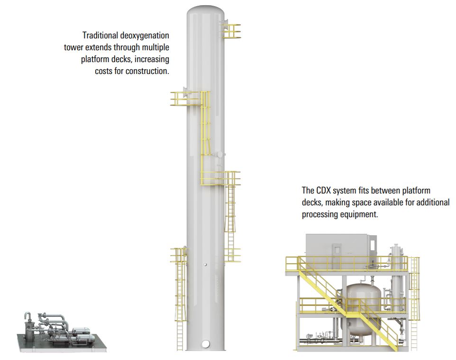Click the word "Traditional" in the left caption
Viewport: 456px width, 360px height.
(x=100, y=36)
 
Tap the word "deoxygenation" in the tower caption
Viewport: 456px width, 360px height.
(x=145, y=36)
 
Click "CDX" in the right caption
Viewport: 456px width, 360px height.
(x=323, y=191)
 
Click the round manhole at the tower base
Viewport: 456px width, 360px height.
(x=206, y=344)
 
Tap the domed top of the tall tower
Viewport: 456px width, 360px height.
(x=206, y=11)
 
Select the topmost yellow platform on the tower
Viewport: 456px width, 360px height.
(x=231, y=31)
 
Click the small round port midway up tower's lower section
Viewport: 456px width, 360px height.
(x=206, y=265)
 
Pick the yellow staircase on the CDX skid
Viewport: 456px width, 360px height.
(x=347, y=303)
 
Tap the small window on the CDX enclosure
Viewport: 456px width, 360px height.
(x=337, y=249)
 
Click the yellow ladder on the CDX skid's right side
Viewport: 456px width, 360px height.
(x=414, y=303)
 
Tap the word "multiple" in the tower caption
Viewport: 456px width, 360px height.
(x=155, y=47)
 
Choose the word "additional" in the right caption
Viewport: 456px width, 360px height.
(x=433, y=203)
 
